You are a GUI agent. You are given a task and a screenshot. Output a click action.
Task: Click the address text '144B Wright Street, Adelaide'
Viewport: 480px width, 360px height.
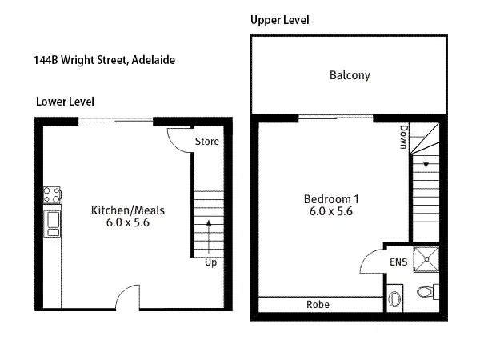(99, 59)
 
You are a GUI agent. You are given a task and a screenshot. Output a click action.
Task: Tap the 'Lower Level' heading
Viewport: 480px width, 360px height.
(65, 102)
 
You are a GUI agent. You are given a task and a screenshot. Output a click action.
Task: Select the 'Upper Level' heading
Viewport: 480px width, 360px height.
(279, 19)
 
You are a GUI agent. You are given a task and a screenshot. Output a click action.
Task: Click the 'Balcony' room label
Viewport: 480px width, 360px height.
(350, 76)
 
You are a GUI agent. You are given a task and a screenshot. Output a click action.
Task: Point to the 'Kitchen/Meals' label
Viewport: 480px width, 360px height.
(127, 210)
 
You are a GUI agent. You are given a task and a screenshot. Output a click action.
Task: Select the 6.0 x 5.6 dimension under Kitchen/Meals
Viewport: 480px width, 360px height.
(127, 223)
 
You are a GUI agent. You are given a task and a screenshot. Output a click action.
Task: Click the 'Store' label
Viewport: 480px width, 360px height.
(207, 142)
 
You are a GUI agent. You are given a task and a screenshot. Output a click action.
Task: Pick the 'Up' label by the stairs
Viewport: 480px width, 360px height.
(210, 262)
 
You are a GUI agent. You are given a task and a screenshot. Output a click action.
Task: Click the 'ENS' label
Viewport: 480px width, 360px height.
(398, 262)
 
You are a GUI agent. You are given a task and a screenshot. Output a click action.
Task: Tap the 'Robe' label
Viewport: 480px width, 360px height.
(318, 305)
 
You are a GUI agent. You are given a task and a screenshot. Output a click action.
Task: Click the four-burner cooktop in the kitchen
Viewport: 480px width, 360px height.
(52, 194)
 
